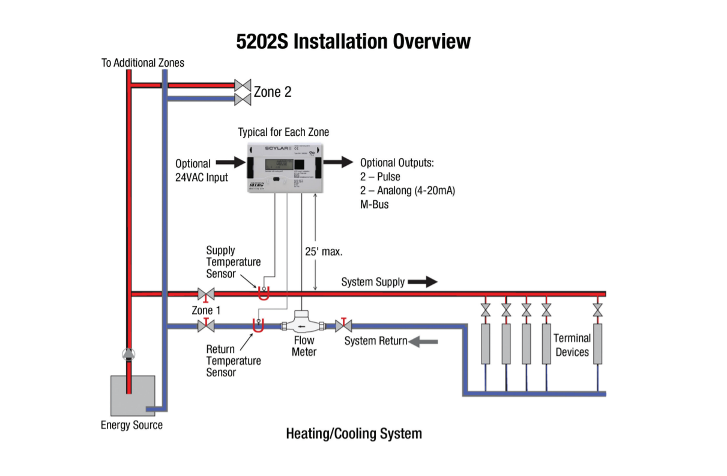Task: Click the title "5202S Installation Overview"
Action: pos(353,41)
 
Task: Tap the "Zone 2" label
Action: pos(273,92)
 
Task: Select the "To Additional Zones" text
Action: pos(143,63)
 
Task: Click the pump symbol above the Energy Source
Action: pos(128,355)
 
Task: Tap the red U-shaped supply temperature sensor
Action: pos(263,294)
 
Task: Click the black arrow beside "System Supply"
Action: pos(423,281)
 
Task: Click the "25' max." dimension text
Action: pos(324,251)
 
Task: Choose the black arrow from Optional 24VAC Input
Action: pos(230,162)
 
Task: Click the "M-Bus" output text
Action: pos(375,204)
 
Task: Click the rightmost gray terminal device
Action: pos(598,344)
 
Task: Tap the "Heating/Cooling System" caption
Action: pos(354,433)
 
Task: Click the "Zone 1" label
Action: pos(206,310)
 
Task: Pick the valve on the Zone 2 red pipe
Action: pos(243,85)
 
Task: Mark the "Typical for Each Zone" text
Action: pos(283,132)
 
